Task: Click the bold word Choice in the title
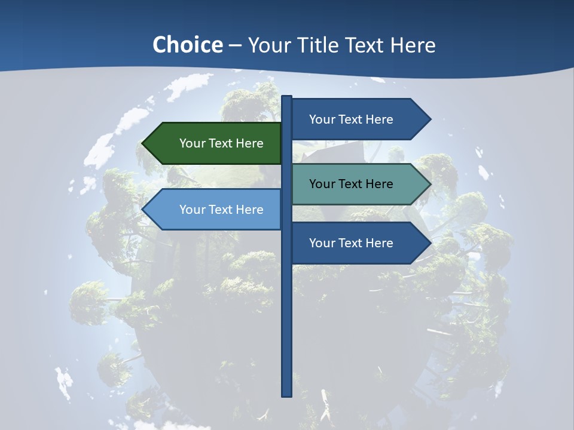tap(187, 45)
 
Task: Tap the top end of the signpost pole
tap(287, 97)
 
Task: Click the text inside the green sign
tap(221, 143)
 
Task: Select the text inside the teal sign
tap(351, 184)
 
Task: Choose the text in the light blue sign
tap(221, 210)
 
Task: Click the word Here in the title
tap(413, 45)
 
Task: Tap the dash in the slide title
tap(235, 45)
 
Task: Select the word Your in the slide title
tap(268, 45)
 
